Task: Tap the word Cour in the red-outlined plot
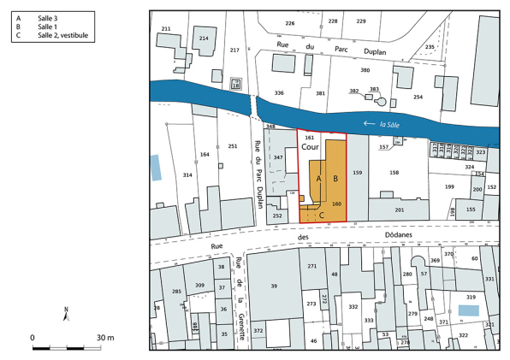[x=310, y=147]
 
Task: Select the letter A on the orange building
[x=319, y=178]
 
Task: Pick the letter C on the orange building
[x=321, y=215]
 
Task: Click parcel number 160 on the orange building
[x=336, y=204]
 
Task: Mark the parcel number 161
[x=310, y=138]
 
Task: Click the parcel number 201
[x=399, y=210]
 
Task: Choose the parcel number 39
[x=275, y=286]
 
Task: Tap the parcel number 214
[x=204, y=38]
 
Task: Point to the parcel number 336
[x=278, y=92]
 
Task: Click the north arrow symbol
[x=66, y=314]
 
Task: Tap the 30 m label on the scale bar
[x=105, y=339]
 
